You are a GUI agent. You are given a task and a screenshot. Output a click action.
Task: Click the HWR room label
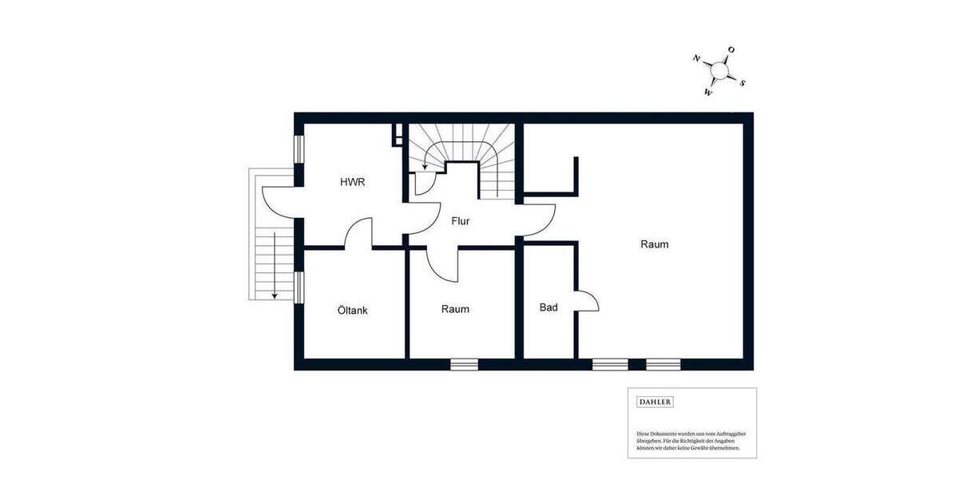coord(352,183)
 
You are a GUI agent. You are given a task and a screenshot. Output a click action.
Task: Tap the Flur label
coord(461,221)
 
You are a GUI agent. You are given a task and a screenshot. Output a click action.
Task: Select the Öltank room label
coord(352,311)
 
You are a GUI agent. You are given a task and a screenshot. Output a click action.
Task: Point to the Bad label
coord(548,307)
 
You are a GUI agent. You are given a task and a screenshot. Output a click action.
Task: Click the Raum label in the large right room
coord(655,244)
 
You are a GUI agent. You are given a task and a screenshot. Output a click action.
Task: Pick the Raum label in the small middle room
coord(455,309)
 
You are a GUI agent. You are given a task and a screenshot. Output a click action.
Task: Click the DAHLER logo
coord(655,402)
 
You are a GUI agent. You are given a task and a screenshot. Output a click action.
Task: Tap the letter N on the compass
coord(697,58)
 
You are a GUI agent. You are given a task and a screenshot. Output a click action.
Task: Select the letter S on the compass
coord(742,83)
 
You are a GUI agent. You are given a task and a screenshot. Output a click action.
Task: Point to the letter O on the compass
coord(731,50)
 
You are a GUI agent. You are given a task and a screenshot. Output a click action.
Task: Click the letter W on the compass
coord(707,93)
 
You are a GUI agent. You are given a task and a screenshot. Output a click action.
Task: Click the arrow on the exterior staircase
coord(274,264)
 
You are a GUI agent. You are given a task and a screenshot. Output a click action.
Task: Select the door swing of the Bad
coord(588,302)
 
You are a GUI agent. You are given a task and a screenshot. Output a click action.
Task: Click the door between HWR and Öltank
coord(359,233)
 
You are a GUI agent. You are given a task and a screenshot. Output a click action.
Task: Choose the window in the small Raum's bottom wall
coord(464,365)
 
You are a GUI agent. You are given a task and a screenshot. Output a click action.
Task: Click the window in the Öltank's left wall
coord(299,287)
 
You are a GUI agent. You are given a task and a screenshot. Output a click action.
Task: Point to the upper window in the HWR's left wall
coord(299,148)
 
